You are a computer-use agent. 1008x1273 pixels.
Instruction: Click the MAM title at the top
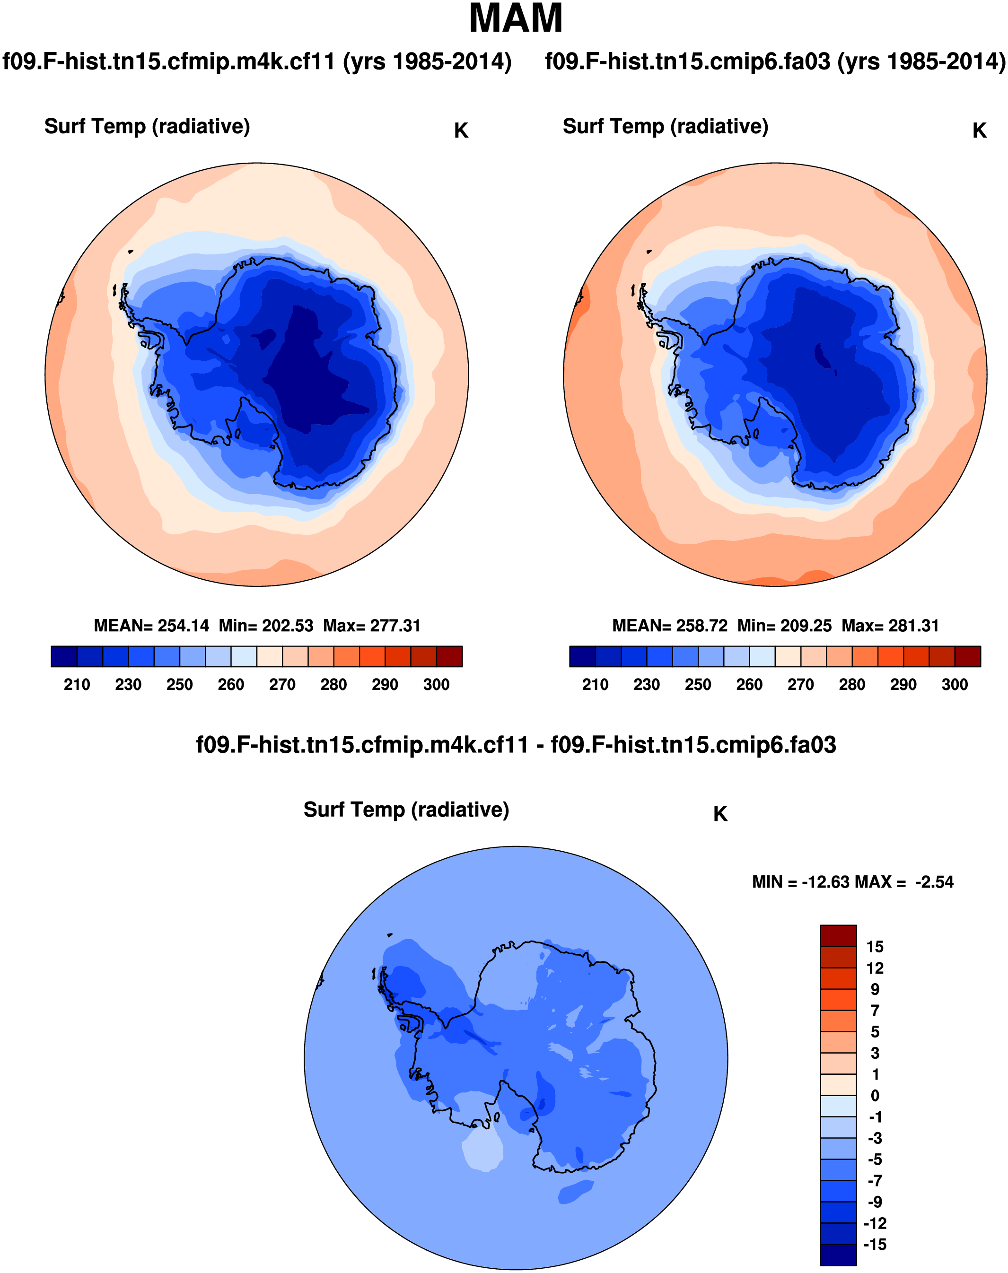tap(515, 19)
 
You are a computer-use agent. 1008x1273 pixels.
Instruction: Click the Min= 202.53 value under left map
tap(265, 626)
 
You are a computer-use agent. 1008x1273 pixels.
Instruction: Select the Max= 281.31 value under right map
tap(890, 626)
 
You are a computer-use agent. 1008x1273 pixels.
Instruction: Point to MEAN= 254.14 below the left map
tap(151, 626)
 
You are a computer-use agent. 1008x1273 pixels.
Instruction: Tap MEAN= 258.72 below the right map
tap(670, 626)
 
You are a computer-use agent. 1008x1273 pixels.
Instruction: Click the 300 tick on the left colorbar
tap(436, 685)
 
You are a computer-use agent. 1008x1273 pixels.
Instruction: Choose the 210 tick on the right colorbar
tap(595, 685)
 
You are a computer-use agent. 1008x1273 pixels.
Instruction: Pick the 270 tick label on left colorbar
tap(282, 685)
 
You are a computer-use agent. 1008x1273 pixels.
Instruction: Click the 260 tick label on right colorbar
tap(749, 685)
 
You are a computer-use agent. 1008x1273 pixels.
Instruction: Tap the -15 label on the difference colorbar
tap(875, 1245)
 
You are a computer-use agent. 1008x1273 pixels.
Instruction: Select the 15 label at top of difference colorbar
tap(875, 947)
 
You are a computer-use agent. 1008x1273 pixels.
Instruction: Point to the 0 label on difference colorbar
tap(875, 1096)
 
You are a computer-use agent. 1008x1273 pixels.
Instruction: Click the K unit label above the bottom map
tap(720, 814)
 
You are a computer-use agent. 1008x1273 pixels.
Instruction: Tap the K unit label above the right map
tap(979, 131)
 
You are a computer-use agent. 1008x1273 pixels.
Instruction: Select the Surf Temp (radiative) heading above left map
tap(147, 126)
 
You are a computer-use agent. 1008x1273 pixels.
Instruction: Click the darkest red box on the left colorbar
tap(449, 656)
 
